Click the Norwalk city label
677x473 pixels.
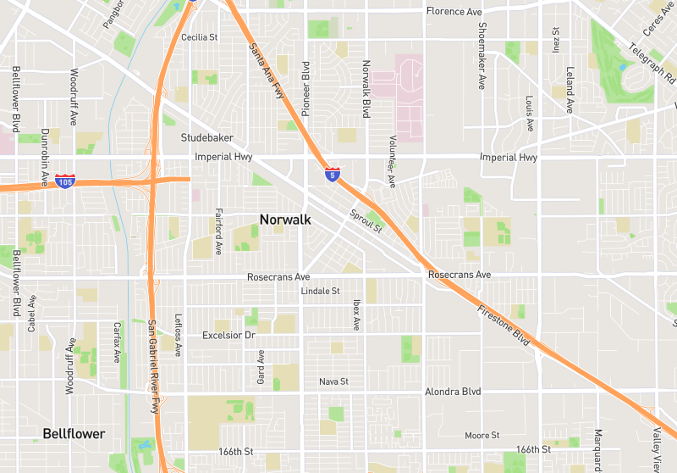click(285, 220)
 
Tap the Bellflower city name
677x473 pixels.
click(74, 434)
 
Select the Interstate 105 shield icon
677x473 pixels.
click(65, 181)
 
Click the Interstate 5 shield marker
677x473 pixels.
click(333, 175)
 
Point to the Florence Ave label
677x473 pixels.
click(454, 11)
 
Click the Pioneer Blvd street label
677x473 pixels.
click(306, 88)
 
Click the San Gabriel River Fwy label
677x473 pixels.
click(154, 366)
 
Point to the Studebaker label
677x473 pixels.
click(207, 137)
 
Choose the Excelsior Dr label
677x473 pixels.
click(228, 336)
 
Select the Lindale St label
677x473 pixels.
click(320, 291)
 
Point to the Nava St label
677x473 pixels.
click(333, 382)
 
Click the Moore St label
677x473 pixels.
click(482, 436)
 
